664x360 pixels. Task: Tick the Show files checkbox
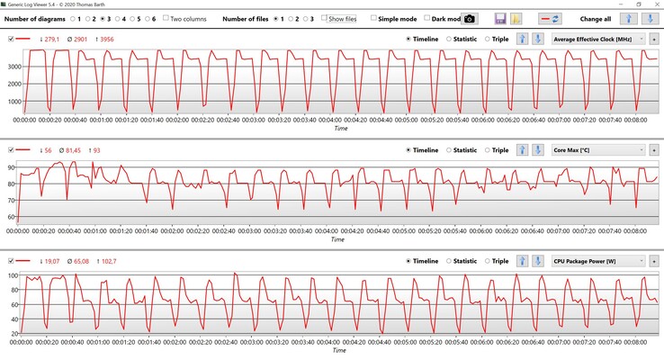pos(325,19)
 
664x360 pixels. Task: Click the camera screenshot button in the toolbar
pos(471,19)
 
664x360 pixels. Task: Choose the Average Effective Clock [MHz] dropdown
pos(599,39)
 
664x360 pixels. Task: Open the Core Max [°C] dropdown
pos(599,150)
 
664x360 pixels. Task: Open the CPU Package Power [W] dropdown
pos(599,262)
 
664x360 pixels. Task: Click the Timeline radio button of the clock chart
pos(409,39)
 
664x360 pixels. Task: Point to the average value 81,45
pos(74,150)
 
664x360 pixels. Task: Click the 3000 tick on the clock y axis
pos(13,67)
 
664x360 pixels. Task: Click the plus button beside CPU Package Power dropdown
pos(654,262)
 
